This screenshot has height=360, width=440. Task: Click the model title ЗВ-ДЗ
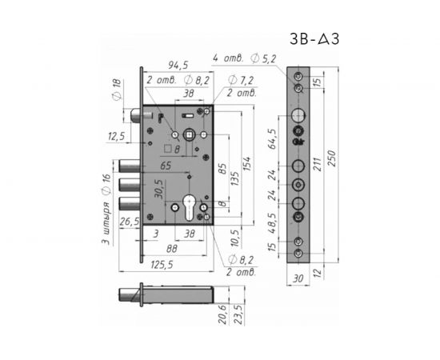[314, 38]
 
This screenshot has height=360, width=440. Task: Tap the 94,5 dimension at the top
[178, 65]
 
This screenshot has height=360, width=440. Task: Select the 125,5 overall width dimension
[162, 265]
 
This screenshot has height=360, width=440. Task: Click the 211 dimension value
[317, 164]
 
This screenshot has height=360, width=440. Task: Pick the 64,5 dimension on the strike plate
[273, 138]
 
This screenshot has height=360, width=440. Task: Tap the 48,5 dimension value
[272, 223]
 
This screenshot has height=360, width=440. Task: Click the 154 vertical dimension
[247, 164]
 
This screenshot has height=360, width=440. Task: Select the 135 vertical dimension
[234, 178]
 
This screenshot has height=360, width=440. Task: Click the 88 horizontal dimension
[172, 249]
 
